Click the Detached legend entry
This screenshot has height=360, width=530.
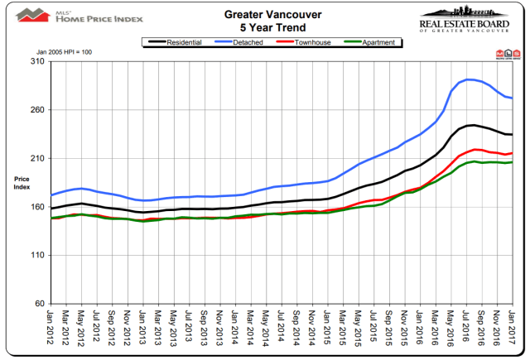247,41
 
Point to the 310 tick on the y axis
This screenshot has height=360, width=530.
37,61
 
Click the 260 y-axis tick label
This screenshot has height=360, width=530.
37,110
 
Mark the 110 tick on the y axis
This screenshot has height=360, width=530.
37,255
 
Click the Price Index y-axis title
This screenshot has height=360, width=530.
22,182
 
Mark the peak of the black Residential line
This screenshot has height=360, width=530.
471,125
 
